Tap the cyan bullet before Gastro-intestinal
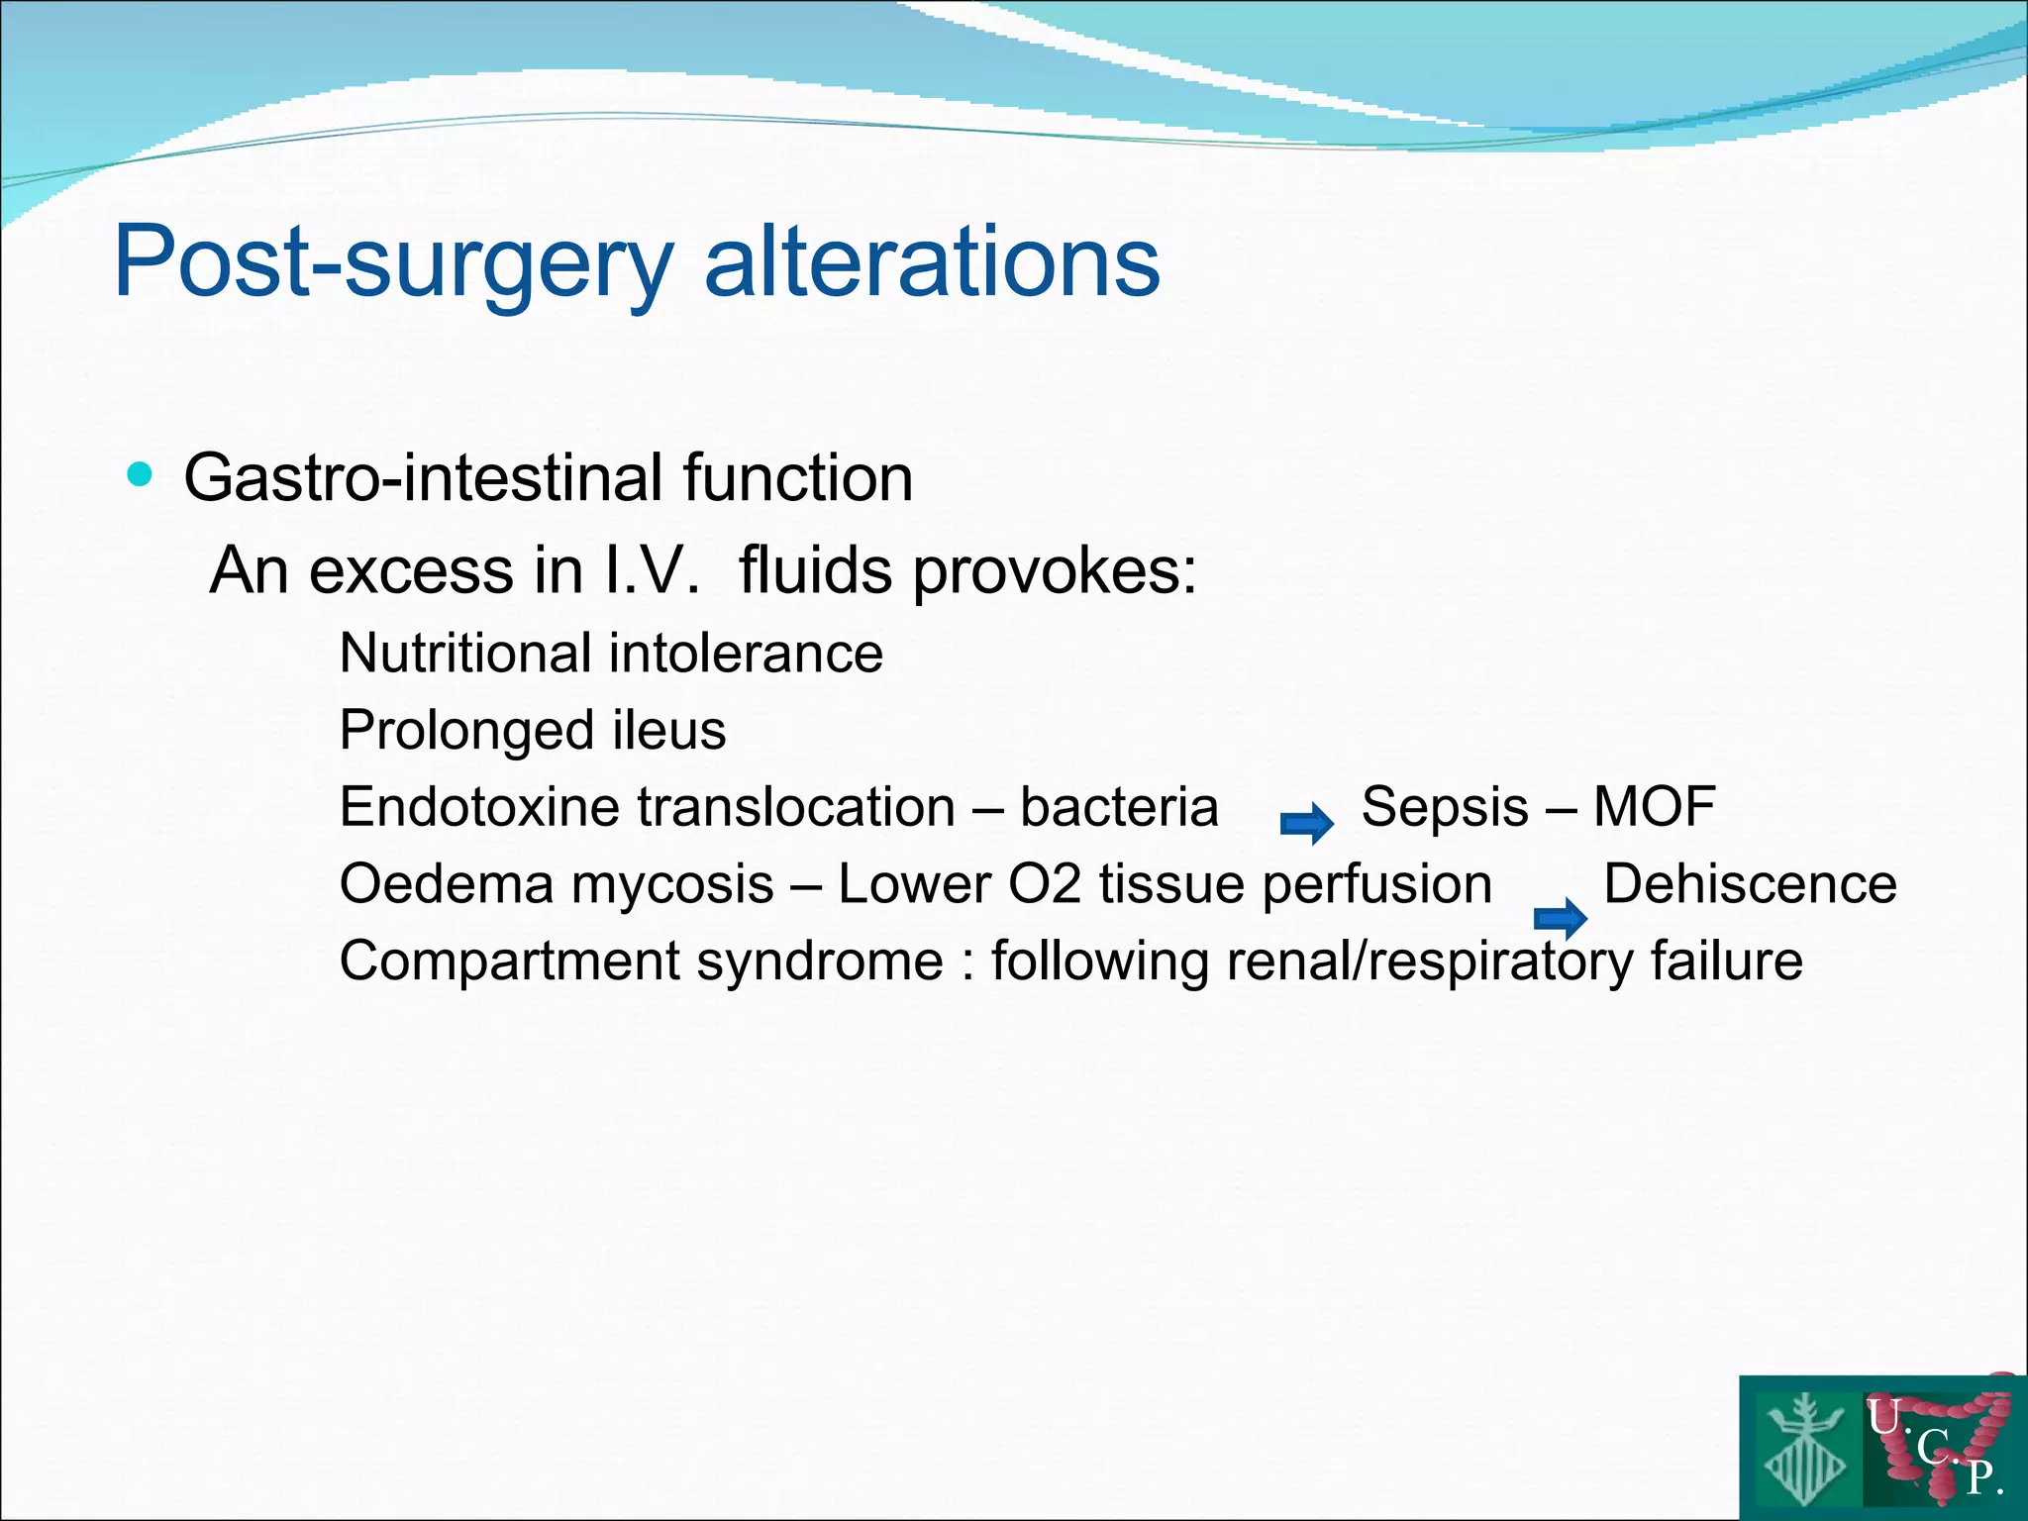(x=141, y=475)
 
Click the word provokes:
(x=1054, y=572)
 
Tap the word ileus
(x=669, y=731)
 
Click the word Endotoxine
(x=497, y=807)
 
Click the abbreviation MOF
(x=1654, y=807)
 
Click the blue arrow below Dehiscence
(x=1560, y=919)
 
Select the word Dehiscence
(x=1750, y=884)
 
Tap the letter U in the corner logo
(x=1883, y=1418)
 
